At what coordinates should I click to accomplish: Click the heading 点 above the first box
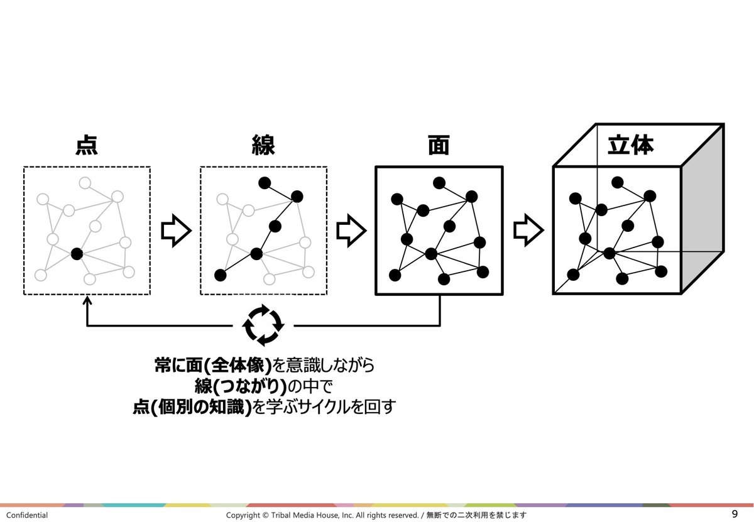pyautogui.click(x=86, y=146)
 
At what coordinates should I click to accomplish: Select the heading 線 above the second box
pyautogui.click(x=263, y=146)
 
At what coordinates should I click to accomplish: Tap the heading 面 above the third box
pyautogui.click(x=438, y=146)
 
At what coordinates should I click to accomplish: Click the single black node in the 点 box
pyautogui.click(x=77, y=254)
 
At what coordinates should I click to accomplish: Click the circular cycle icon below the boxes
pyautogui.click(x=264, y=325)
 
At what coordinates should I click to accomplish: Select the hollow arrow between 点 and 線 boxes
pyautogui.click(x=175, y=231)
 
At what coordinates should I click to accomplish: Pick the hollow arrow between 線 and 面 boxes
pyautogui.click(x=351, y=231)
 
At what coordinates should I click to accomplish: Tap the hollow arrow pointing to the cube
pyautogui.click(x=528, y=231)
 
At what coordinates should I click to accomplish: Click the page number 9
pyautogui.click(x=735, y=514)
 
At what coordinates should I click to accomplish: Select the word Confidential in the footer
pyautogui.click(x=27, y=515)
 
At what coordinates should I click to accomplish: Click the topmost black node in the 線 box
pyautogui.click(x=265, y=183)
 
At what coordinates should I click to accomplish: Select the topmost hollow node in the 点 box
pyautogui.click(x=85, y=183)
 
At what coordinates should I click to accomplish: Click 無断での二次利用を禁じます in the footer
pyautogui.click(x=476, y=515)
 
